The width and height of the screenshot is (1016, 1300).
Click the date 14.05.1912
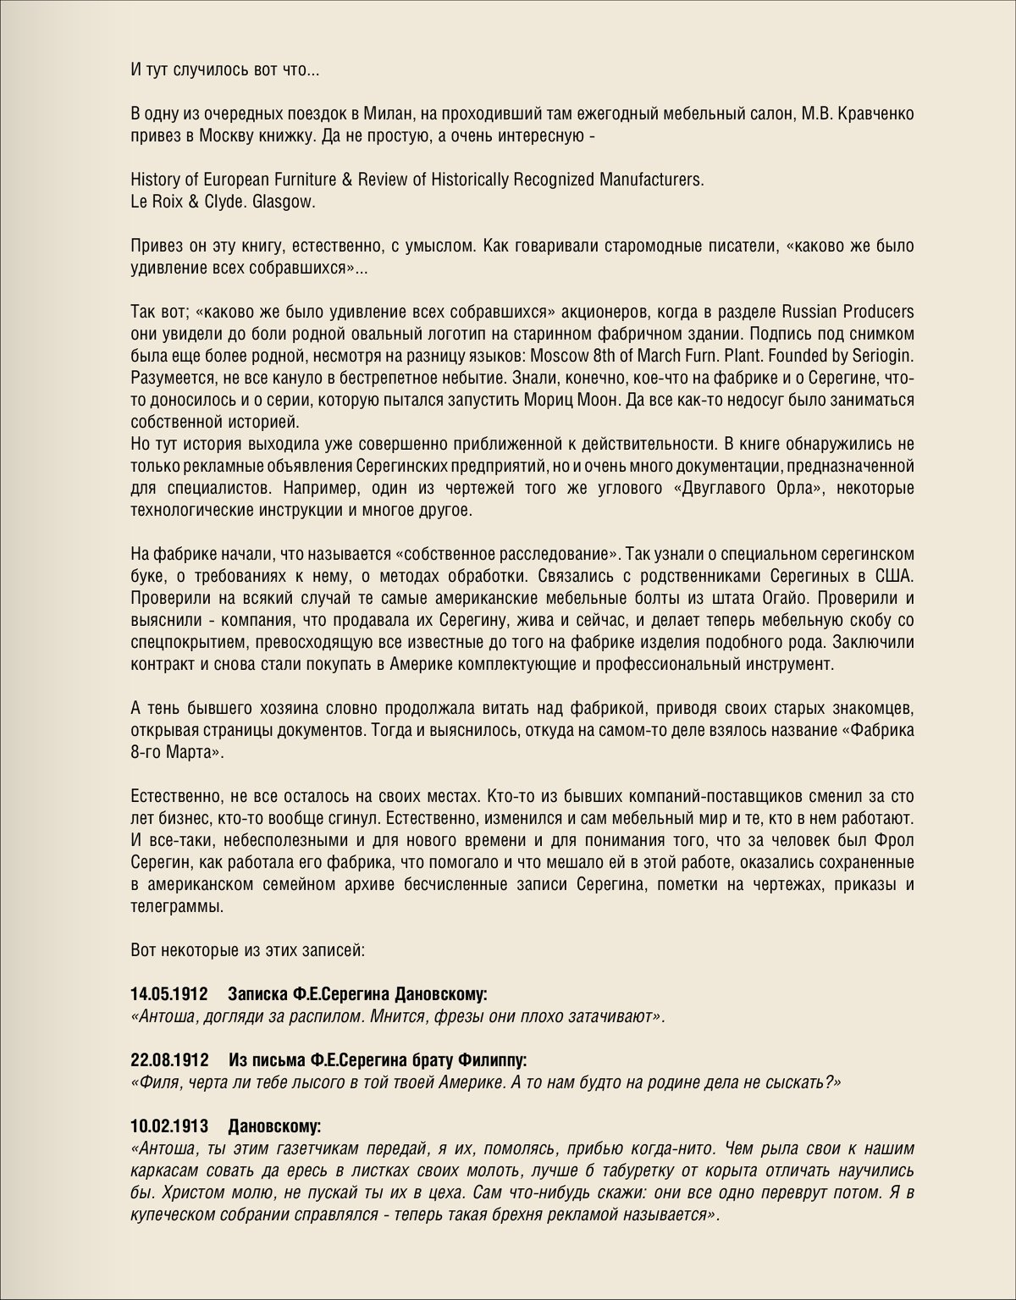tap(169, 993)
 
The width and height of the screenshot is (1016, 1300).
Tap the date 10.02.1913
tap(169, 1126)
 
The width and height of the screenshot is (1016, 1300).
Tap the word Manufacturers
tap(651, 180)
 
